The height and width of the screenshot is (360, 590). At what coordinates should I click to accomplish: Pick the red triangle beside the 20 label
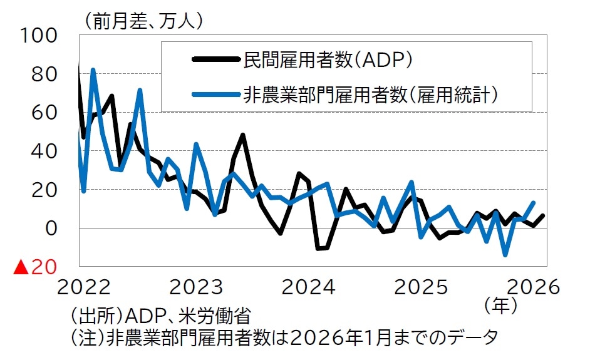[21, 268]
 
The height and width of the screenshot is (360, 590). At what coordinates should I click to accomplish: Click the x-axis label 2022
[85, 287]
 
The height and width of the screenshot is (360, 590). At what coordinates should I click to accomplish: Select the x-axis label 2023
[197, 287]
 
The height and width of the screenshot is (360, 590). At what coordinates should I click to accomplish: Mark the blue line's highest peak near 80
[93, 70]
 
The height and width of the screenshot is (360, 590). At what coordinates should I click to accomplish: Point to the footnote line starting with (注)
[284, 338]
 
